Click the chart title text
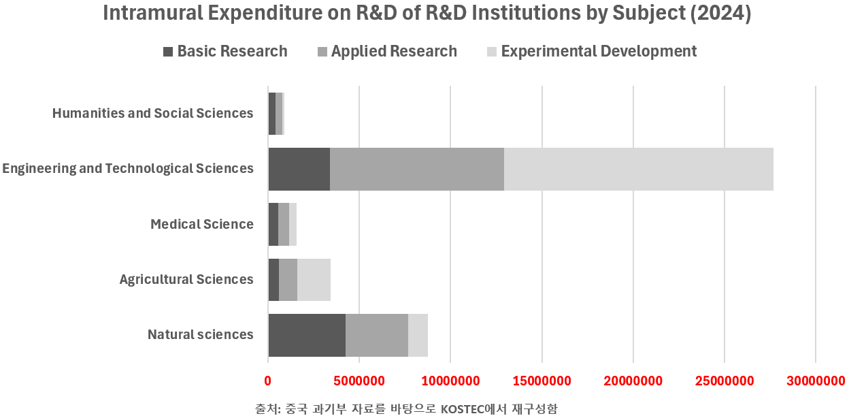pyautogui.click(x=427, y=14)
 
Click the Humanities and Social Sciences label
pyautogui.click(x=153, y=113)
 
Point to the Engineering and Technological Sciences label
pyautogui.click(x=128, y=168)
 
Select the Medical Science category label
pyautogui.click(x=202, y=224)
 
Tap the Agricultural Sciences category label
pyautogui.click(x=186, y=279)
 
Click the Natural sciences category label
pyautogui.click(x=201, y=334)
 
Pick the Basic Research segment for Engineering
pyautogui.click(x=299, y=169)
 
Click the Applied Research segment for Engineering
pyautogui.click(x=417, y=169)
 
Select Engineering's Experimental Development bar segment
pyautogui.click(x=639, y=169)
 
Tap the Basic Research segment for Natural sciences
pyautogui.click(x=307, y=335)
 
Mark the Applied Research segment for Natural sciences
pyautogui.click(x=377, y=335)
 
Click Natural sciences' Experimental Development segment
pyautogui.click(x=418, y=335)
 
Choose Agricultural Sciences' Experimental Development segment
pyautogui.click(x=314, y=280)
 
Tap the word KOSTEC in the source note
pyautogui.click(x=463, y=409)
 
